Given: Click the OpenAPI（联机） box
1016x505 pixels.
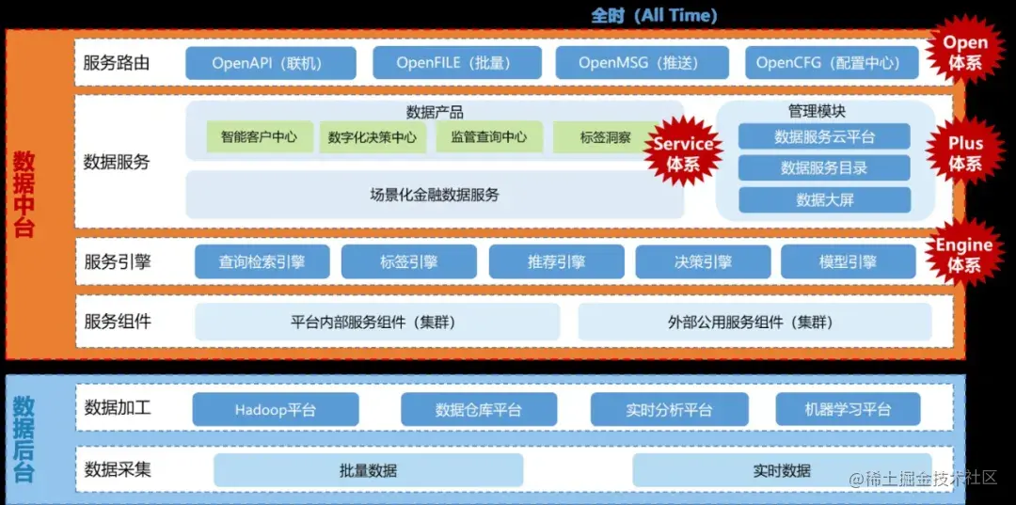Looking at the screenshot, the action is tap(270, 63).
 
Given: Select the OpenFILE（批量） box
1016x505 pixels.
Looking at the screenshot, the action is tap(453, 63).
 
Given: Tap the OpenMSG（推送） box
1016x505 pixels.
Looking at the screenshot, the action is tap(642, 63).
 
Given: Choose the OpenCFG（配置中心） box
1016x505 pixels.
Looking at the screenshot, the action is tap(831, 63).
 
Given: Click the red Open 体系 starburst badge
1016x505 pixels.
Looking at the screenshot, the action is tap(965, 52).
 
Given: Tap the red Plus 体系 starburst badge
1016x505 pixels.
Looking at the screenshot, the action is tap(964, 153).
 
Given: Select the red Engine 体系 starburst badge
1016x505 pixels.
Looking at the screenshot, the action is tap(963, 254).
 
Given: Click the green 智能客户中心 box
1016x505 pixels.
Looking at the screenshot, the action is tap(259, 137).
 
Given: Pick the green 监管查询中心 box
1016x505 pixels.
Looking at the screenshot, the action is tap(488, 137).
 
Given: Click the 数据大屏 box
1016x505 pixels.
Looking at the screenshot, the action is tap(824, 200).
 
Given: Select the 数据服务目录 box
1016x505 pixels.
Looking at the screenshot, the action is tap(824, 168).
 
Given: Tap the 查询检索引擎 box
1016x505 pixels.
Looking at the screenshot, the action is tap(262, 262).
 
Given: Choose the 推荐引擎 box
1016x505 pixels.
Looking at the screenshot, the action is tap(556, 262).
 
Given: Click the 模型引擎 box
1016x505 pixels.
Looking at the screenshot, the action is tap(848, 262).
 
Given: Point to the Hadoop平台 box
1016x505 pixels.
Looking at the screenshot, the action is tap(276, 410).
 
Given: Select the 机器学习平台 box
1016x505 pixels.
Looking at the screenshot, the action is tap(848, 410).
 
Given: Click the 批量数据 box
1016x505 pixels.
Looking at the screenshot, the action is tap(368, 470).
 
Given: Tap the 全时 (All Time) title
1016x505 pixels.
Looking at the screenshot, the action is tap(654, 15).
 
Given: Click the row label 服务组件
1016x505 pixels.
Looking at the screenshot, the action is tap(118, 322).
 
